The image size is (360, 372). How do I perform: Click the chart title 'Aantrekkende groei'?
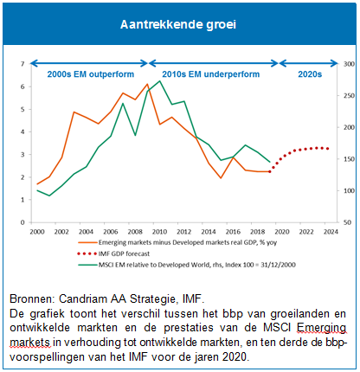(x=178, y=24)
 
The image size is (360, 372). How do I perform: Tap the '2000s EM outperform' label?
(x=91, y=74)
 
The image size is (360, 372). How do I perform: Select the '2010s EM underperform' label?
(x=211, y=74)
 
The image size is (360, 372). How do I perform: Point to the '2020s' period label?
(x=310, y=74)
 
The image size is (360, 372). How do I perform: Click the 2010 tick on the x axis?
(x=159, y=232)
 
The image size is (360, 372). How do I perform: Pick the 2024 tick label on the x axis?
(x=331, y=232)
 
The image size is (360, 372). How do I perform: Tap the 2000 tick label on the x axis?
(x=37, y=232)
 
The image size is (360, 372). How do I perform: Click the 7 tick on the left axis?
(x=22, y=64)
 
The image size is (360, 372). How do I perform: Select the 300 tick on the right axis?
(x=349, y=64)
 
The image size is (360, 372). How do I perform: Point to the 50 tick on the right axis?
(x=347, y=222)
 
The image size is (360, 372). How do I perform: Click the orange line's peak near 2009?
(x=147, y=84)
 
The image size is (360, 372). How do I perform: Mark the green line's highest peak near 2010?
(x=159, y=81)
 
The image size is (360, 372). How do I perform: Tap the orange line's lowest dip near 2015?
(x=221, y=178)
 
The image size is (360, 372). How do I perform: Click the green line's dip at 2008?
(x=135, y=135)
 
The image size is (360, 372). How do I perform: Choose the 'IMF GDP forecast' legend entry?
(x=113, y=253)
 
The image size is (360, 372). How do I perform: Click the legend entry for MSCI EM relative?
(x=187, y=265)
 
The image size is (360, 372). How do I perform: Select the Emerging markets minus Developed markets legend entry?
(x=177, y=242)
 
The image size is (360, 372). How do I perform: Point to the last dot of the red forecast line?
(x=327, y=149)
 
